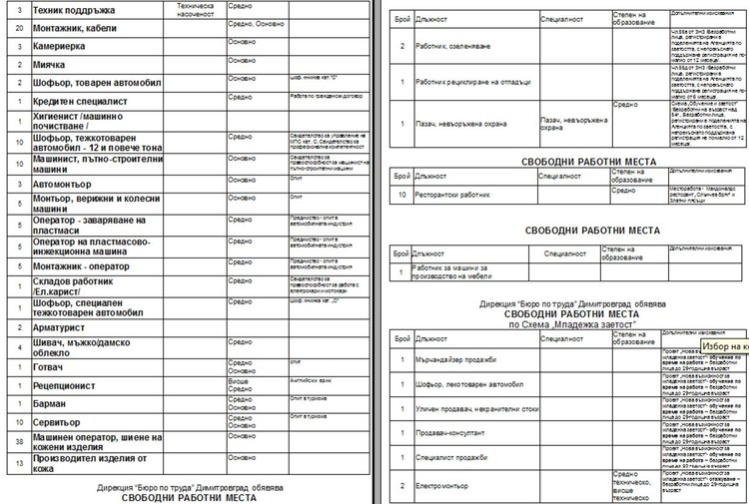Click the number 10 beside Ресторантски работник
point(401,193)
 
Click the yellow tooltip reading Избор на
point(724,345)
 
